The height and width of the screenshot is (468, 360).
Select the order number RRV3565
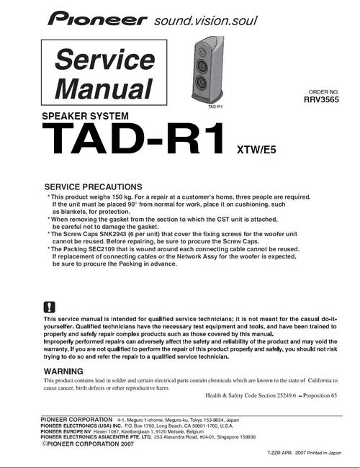coord(321,101)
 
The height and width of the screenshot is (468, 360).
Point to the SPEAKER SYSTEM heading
coord(85,116)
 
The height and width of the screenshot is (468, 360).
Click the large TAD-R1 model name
coord(134,140)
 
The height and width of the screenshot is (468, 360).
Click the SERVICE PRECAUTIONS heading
coord(94,186)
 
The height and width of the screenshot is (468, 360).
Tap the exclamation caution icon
coord(49,306)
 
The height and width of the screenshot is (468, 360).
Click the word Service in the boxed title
coord(100,60)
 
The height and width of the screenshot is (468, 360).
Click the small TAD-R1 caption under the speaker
coord(214,107)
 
